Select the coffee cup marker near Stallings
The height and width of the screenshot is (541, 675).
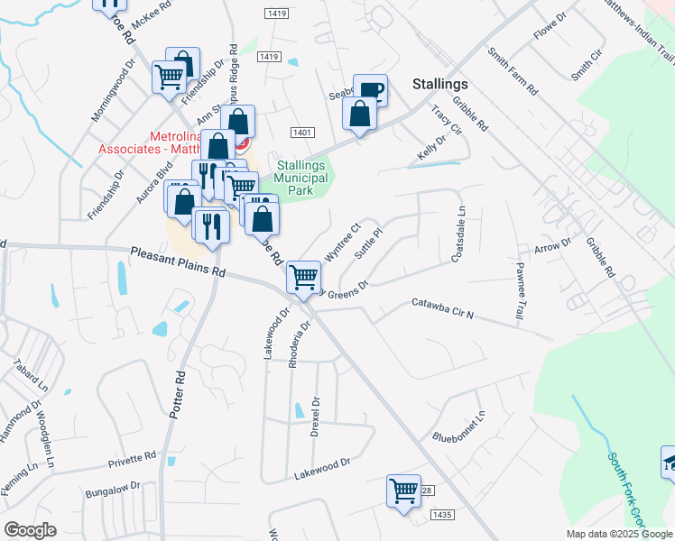tap(370, 89)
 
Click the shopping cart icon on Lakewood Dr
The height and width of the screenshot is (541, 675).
tap(403, 491)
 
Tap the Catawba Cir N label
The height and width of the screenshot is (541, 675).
tap(443, 309)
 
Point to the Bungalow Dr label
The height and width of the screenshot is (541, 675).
tap(114, 491)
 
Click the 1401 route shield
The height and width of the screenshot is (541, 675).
tap(301, 133)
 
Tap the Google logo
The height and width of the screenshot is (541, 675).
tap(30, 530)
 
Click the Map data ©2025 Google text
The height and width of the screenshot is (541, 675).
tap(618, 534)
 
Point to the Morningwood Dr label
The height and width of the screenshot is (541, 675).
tap(113, 91)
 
